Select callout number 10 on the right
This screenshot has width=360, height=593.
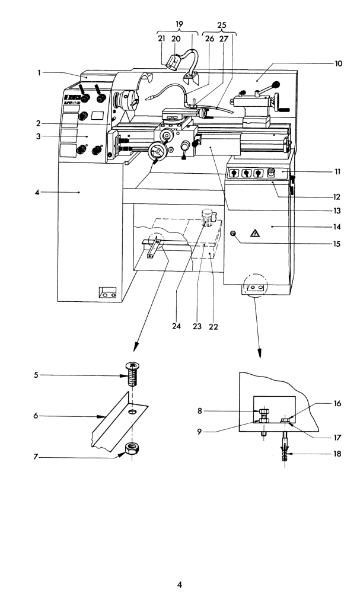(x=339, y=63)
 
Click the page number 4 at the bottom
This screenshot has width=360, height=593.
(x=180, y=584)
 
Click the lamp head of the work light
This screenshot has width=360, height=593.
(x=176, y=62)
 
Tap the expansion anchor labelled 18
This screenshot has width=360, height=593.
(x=286, y=454)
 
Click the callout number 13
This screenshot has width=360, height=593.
(x=339, y=210)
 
